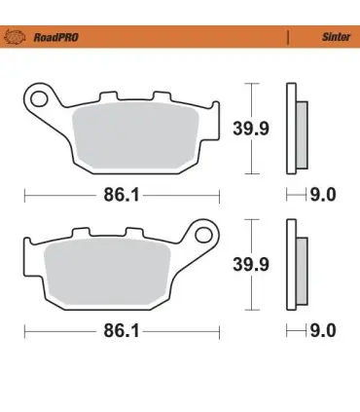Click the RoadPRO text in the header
coord(56,37)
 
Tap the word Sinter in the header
coord(336,37)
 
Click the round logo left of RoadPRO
coord(15,37)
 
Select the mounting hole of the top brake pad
coord(39,98)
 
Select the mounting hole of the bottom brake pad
coord(204,235)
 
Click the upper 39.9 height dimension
coord(251,129)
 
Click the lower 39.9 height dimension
coord(251,265)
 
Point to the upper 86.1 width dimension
coord(122,196)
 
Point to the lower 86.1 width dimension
coord(122,331)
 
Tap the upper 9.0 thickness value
coord(323,195)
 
